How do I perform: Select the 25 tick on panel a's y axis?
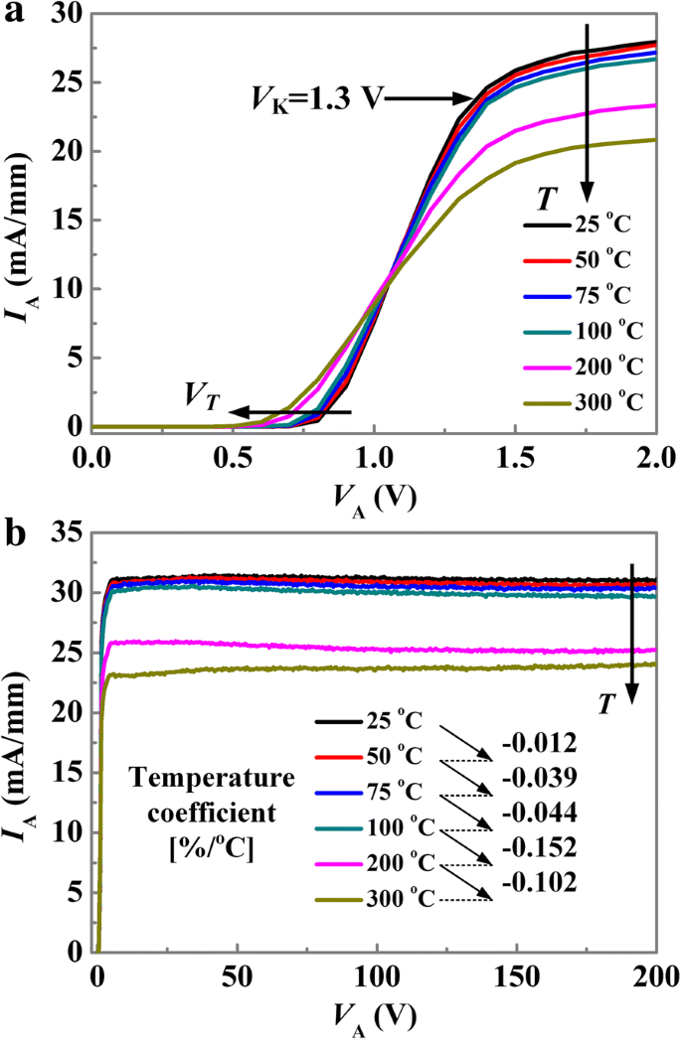(71, 83)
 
